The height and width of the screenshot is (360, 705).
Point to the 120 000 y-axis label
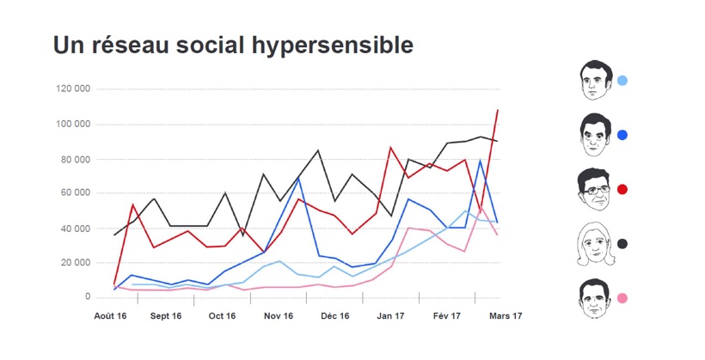coord(73,88)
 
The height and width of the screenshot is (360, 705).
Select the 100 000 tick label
coord(73,125)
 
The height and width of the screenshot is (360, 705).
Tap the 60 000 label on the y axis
coord(76,193)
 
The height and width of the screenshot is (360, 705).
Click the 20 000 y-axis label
coord(76,263)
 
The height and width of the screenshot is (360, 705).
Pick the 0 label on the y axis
coord(88,297)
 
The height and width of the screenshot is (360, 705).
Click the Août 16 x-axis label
coord(110,316)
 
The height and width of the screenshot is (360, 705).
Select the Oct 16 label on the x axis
coord(222,316)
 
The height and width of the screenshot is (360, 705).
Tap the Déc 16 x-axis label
coord(334,316)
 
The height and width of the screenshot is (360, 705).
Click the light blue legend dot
coord(622,81)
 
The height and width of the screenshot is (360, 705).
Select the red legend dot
coord(622,189)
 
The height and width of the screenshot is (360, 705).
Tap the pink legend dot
coord(622,298)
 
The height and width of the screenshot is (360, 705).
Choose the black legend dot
coord(622,244)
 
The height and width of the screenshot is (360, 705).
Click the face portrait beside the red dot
coord(593,189)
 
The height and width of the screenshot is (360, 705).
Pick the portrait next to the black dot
coord(593,244)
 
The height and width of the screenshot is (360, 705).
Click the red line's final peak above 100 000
coord(497,110)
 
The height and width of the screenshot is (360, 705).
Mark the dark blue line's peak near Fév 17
coord(480,160)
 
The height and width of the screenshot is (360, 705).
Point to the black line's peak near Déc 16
coord(318,150)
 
